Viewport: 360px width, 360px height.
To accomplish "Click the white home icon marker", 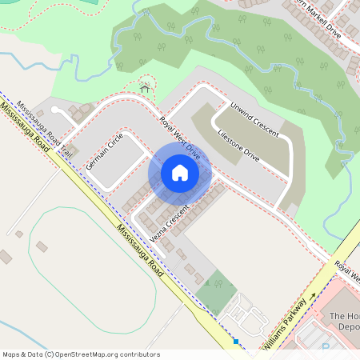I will pyautogui.click(x=180, y=173).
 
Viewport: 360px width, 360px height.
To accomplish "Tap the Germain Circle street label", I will pyautogui.click(x=106, y=150).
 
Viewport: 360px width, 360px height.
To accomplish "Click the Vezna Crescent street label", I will pyautogui.click(x=168, y=226).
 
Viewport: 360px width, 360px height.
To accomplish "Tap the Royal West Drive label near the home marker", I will pyautogui.click(x=178, y=137).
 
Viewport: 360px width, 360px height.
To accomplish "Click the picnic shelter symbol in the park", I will pyautogui.click(x=145, y=88).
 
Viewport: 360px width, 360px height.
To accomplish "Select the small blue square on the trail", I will pyautogui.click(x=236, y=342).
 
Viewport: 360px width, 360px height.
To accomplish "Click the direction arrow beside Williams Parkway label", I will pyautogui.click(x=312, y=297).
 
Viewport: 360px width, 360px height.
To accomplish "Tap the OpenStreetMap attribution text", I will pyautogui.click(x=81, y=354).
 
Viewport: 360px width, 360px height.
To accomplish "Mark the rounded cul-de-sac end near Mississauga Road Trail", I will pyautogui.click(x=55, y=110).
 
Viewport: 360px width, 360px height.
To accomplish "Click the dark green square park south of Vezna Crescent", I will pyautogui.click(x=218, y=291).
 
